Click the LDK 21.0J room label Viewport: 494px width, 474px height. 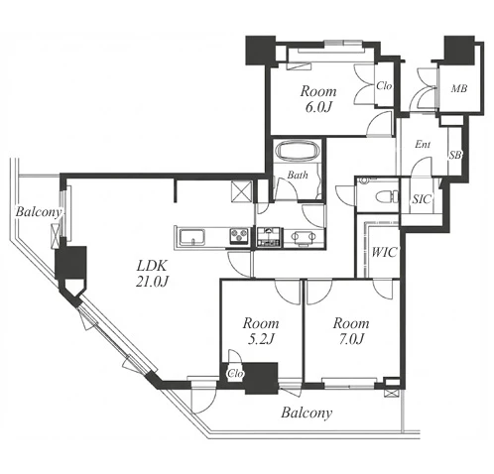tap(153, 274)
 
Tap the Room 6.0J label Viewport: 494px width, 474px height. tap(318, 99)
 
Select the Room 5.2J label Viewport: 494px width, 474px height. tap(261, 331)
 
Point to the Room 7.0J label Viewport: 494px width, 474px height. tap(351, 331)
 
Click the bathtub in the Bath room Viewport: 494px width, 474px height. tap(297, 151)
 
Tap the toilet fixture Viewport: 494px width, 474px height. tap(388, 196)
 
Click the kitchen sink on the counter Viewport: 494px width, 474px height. tap(192, 237)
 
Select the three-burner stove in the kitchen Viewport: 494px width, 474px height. tap(240, 236)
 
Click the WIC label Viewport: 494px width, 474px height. tap(384, 253)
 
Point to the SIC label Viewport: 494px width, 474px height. tap(423, 199)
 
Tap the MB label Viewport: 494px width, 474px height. tap(459, 88)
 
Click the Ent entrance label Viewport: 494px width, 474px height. tap(423, 145)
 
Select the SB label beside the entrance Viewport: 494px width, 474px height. tap(455, 155)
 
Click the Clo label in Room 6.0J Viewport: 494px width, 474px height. tap(384, 86)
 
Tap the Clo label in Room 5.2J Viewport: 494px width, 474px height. tap(235, 374)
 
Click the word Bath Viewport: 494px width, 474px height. tap(298, 175)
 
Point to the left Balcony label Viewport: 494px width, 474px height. tap(39, 212)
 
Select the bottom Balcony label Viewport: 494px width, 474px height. tap(307, 413)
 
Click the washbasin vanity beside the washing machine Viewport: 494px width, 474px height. tap(304, 237)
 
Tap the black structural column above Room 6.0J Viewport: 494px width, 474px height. tap(260, 51)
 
